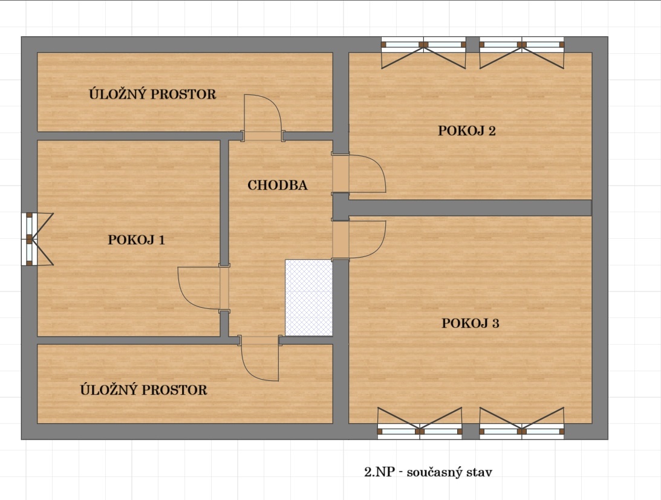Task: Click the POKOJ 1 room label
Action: pos(136,240)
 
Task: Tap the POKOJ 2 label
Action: pos(467,131)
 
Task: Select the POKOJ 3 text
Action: pos(471,323)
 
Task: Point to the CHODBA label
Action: pos(278,185)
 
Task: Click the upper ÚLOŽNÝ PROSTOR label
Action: pos(152,94)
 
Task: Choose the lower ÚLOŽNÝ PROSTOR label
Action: pos(144,389)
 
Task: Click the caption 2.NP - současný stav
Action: pos(428,472)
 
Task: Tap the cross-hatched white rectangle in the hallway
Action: pos(309,297)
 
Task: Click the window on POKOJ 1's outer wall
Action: pos(37,239)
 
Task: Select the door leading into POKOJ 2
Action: pos(359,174)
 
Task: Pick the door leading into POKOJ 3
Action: pos(359,239)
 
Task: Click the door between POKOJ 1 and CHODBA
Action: pos(204,288)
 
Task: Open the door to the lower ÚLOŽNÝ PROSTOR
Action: pos(259,359)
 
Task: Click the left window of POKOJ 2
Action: pos(424,53)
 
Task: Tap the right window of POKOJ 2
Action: pos(522,53)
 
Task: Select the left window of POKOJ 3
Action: pos(420,423)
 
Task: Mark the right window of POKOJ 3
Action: pos(522,423)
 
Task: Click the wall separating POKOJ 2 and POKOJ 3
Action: pos(470,208)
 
